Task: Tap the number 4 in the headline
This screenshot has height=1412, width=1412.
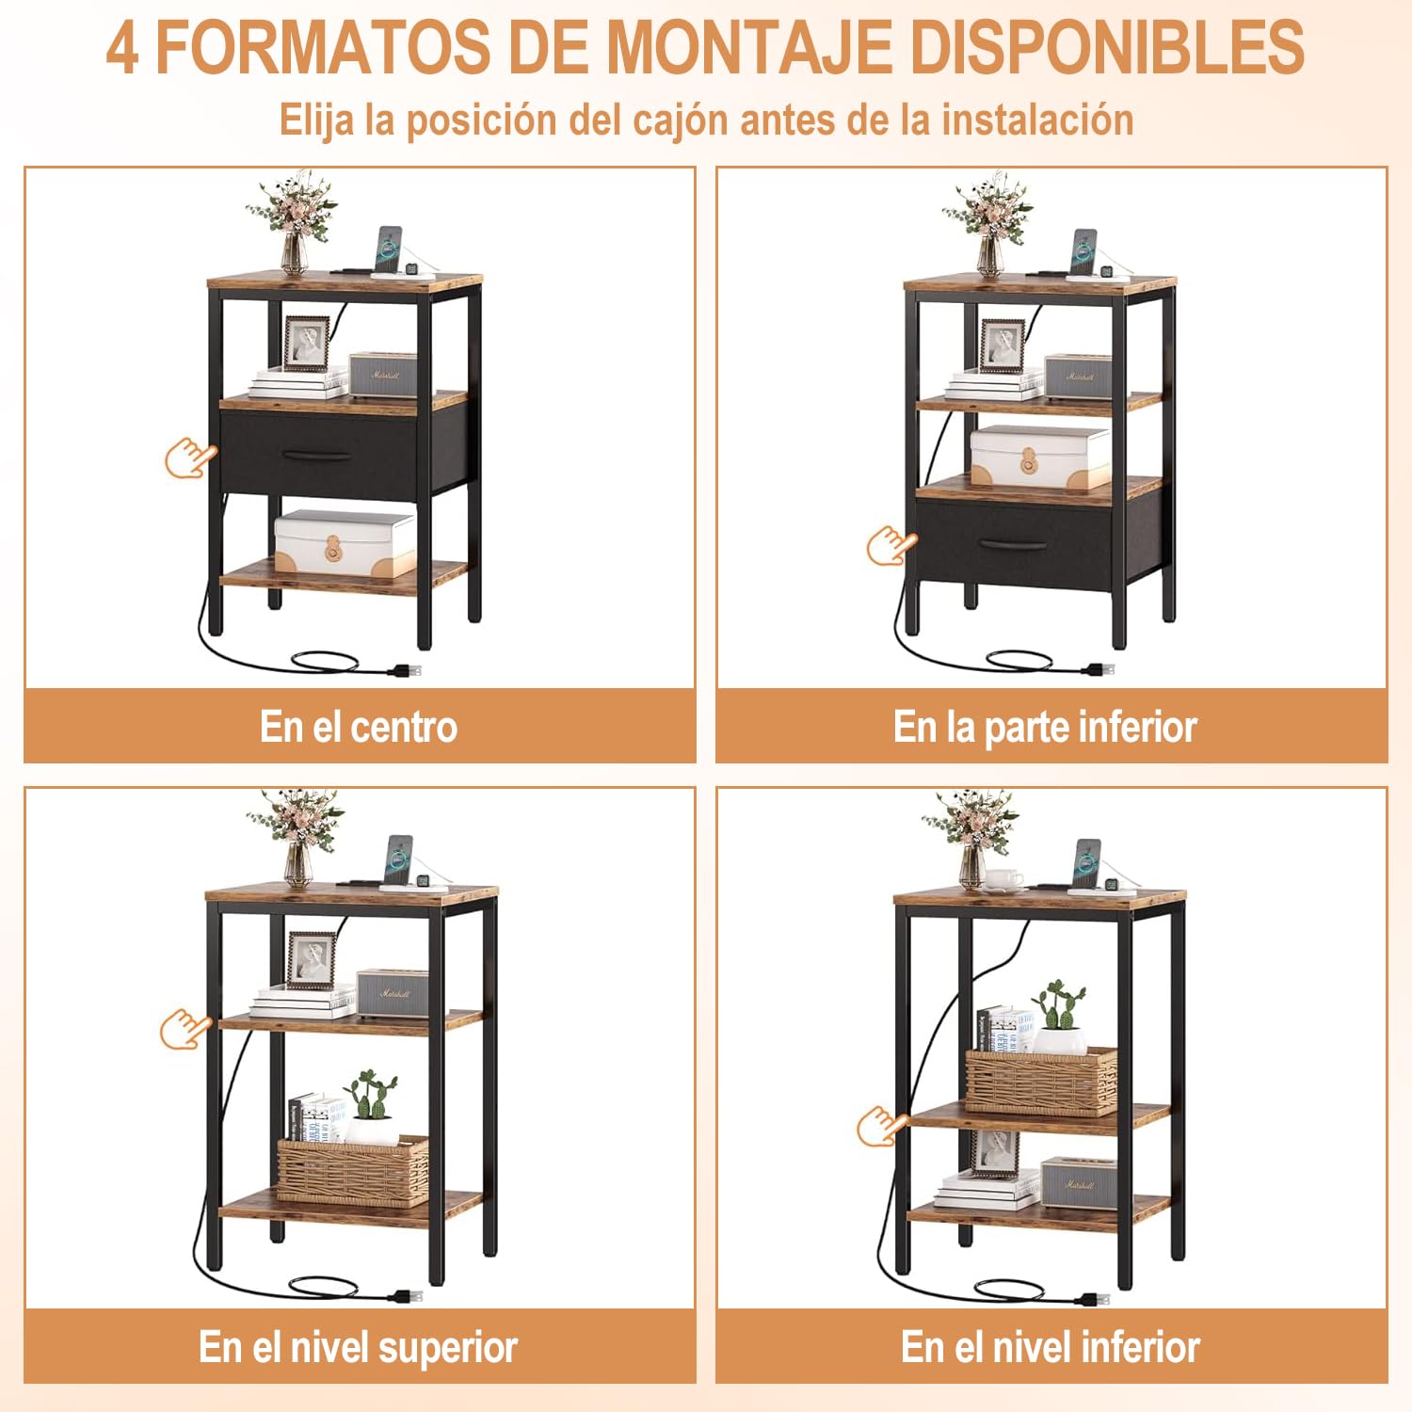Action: (122, 47)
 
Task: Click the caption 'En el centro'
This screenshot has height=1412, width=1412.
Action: (359, 727)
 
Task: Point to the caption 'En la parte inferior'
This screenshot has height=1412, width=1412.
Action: (1045, 727)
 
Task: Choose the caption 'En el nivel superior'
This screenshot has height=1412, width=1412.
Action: (359, 1347)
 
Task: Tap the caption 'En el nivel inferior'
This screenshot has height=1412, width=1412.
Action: (1051, 1347)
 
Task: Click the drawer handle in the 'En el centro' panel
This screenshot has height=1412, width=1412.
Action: (317, 456)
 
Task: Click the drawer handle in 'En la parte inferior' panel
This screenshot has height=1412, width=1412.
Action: (1012, 544)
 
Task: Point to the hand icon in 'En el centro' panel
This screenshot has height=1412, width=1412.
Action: (189, 458)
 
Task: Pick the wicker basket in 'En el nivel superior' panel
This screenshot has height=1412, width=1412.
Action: (352, 1171)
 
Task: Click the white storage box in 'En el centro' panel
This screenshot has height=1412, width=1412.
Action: (345, 542)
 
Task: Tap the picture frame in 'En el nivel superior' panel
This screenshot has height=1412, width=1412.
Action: (311, 961)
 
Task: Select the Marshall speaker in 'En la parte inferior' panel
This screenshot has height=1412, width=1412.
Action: (1078, 376)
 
